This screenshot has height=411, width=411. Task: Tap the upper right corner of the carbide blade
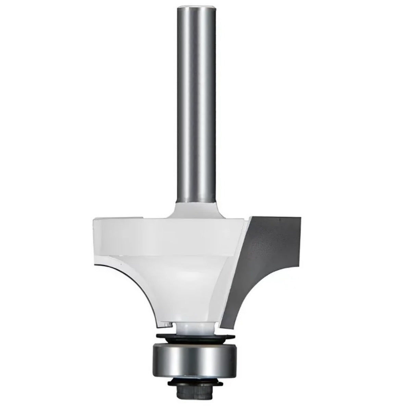coord(300,217)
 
